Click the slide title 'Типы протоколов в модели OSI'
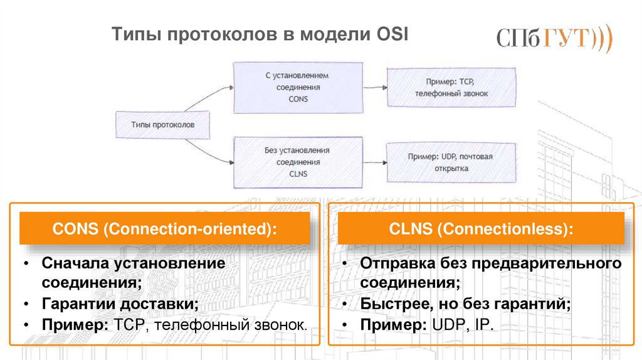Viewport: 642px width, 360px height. [x=260, y=34]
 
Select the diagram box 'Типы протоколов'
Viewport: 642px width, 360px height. [x=162, y=125]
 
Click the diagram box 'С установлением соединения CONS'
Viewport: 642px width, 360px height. [x=298, y=87]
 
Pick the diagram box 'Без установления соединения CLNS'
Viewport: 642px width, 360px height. [x=298, y=162]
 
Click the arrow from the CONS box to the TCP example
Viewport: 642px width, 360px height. [x=374, y=88]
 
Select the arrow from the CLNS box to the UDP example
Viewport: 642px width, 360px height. [x=374, y=162]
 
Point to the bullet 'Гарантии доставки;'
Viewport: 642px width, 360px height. [x=120, y=304]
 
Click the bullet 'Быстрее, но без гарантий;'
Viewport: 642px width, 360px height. [x=465, y=304]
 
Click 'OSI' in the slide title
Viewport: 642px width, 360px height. [x=391, y=34]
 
